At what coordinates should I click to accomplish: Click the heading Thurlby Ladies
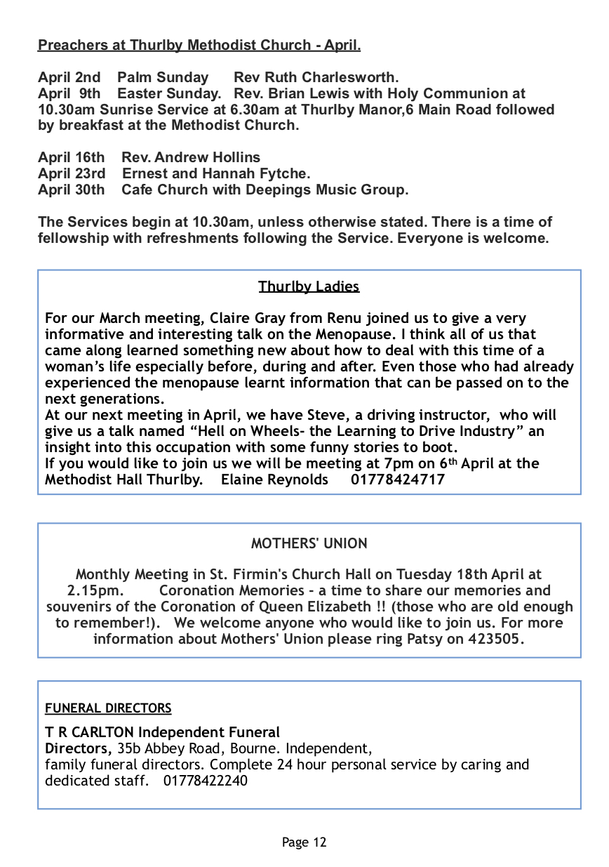pos(309,286)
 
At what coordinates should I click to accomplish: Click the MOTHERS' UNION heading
pos(309,543)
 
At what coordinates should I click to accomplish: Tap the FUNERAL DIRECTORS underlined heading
pos(108,708)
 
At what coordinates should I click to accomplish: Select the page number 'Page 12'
pos(304,842)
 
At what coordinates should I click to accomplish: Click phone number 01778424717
pos(397,479)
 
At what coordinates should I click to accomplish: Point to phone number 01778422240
pos(206,781)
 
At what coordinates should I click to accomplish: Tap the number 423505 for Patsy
pos(495,639)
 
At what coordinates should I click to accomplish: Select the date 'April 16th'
pos(71,157)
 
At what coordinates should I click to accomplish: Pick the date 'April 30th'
pos(71,190)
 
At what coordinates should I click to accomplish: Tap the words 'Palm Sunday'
pos(163,77)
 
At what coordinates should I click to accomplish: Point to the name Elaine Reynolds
pos(274,479)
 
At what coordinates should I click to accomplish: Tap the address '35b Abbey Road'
pos(164,748)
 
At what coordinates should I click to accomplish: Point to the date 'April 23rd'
pos(72,173)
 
